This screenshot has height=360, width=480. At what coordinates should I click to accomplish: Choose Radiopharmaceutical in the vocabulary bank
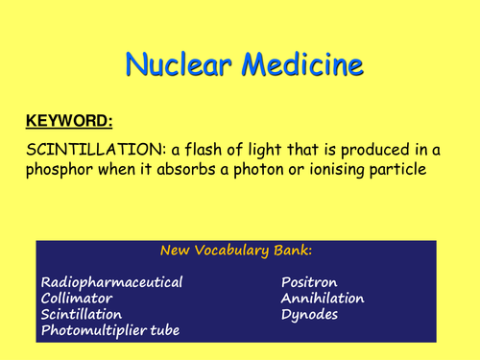coord(111,283)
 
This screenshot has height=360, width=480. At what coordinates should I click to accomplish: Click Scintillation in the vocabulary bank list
coord(82,314)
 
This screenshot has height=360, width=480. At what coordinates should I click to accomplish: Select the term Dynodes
coord(307,314)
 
